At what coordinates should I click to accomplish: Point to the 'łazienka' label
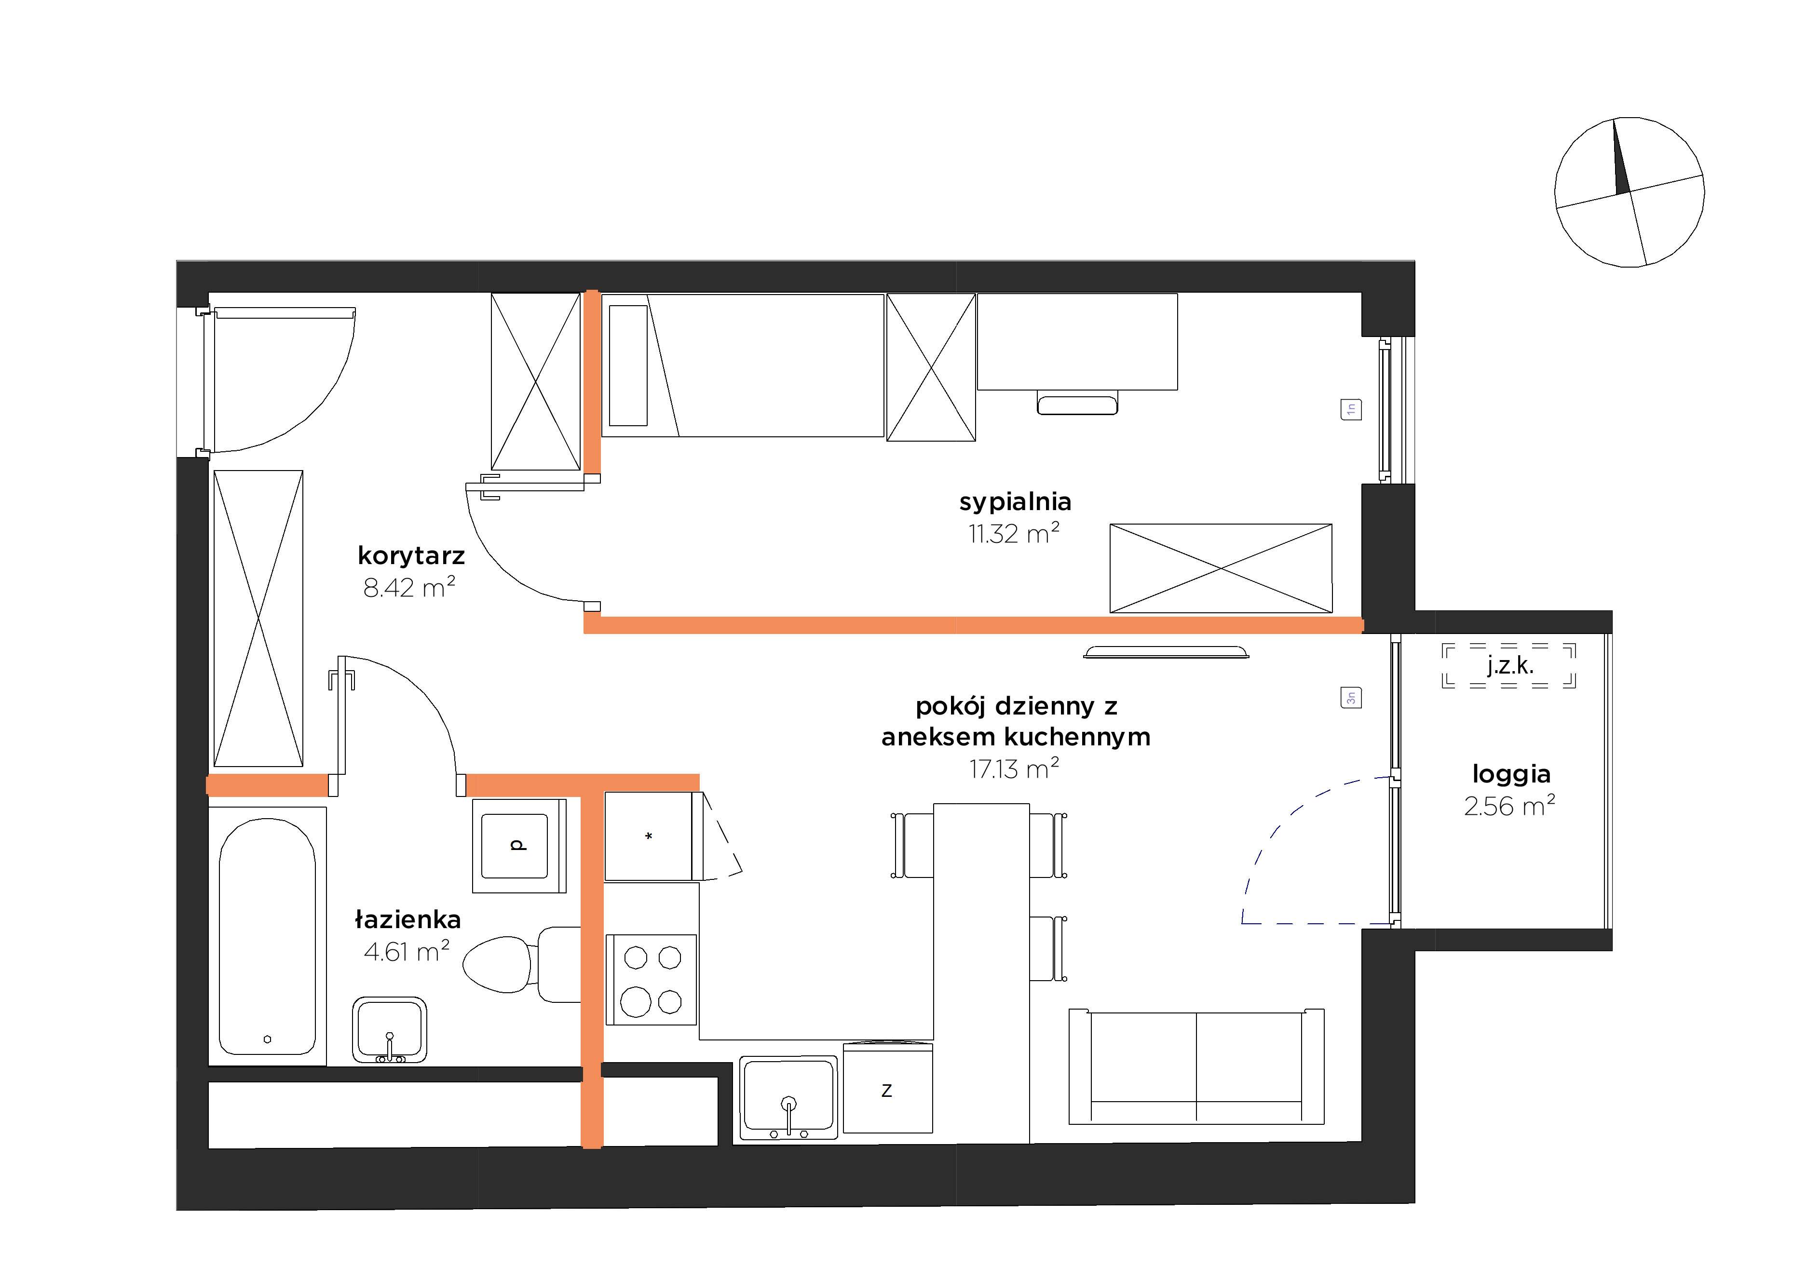click(407, 919)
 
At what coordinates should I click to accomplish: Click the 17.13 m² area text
click(1014, 769)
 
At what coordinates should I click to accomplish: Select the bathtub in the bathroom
click(267, 936)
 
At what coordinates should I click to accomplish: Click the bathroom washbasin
click(389, 1029)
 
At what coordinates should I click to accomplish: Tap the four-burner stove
click(652, 980)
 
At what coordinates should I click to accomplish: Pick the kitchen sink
click(789, 1098)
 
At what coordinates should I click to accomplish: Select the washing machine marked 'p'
click(519, 846)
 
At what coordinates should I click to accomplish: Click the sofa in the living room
click(1196, 1066)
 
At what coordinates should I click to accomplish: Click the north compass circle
click(1630, 192)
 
